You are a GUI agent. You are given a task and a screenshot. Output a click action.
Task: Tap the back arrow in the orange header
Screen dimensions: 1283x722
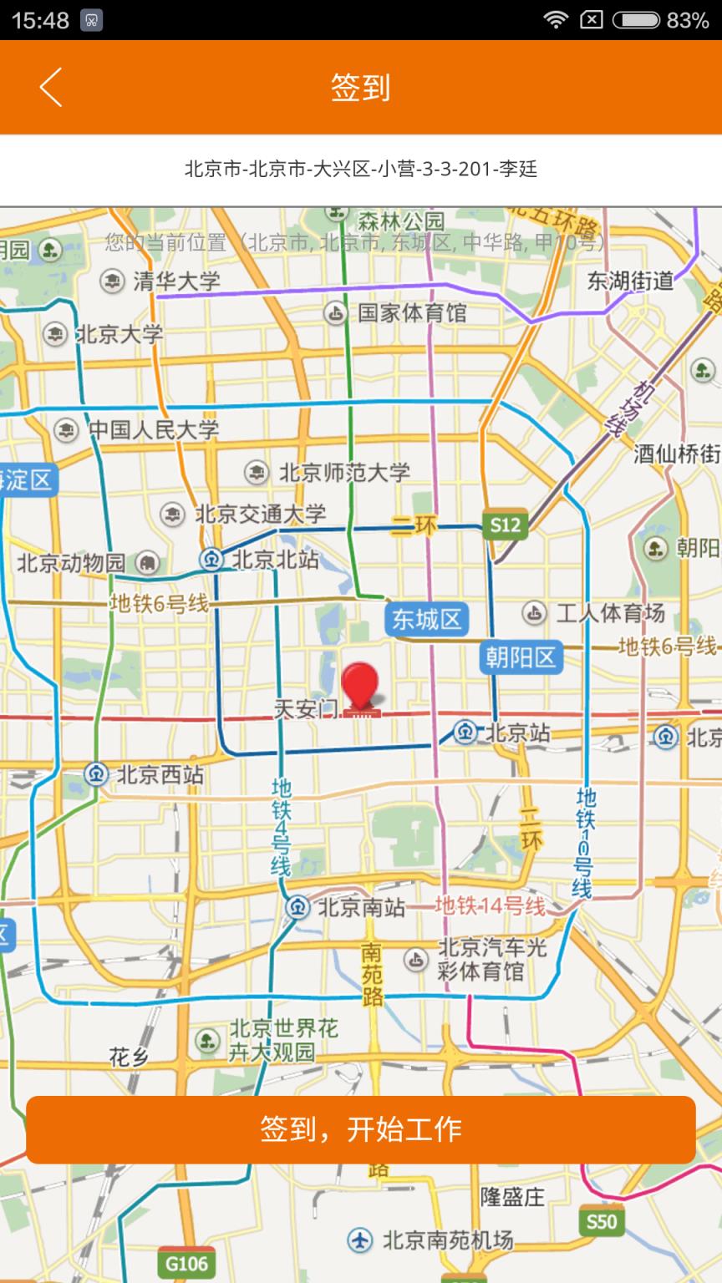click(x=51, y=87)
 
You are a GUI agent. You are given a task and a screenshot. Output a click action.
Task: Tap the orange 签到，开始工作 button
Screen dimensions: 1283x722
click(x=361, y=1129)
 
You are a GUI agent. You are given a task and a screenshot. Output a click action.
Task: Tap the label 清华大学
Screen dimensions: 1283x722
click(x=176, y=281)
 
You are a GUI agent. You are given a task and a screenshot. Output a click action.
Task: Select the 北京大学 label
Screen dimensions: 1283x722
click(x=119, y=335)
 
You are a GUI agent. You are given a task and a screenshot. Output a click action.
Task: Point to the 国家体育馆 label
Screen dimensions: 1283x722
click(x=412, y=313)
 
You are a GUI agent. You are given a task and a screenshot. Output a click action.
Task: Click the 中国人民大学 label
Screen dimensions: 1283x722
click(x=154, y=430)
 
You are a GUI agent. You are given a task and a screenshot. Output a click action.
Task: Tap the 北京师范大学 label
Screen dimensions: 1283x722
click(x=344, y=472)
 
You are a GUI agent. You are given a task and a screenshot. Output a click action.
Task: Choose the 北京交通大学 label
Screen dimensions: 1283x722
click(x=260, y=514)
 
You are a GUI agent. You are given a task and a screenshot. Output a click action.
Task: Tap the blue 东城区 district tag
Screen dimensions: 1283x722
click(x=426, y=619)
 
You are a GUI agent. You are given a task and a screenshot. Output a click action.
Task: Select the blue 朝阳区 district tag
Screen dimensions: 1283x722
click(x=521, y=657)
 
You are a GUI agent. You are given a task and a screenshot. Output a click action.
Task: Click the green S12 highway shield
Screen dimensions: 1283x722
click(x=505, y=525)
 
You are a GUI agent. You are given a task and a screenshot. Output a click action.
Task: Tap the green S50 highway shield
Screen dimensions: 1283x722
click(x=601, y=1222)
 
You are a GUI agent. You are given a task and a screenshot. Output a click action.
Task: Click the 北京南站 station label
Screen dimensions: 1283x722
click(x=361, y=907)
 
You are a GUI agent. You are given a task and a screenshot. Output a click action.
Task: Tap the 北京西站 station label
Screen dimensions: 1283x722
click(x=160, y=774)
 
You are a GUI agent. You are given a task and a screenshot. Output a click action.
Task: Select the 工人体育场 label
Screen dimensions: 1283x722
click(x=610, y=614)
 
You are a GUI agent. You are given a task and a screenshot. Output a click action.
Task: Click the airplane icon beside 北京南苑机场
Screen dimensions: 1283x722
click(x=360, y=1240)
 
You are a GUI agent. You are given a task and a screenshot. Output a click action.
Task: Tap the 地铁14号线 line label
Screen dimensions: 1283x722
click(x=490, y=905)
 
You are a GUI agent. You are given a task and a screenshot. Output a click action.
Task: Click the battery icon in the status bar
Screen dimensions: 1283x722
click(x=636, y=20)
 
